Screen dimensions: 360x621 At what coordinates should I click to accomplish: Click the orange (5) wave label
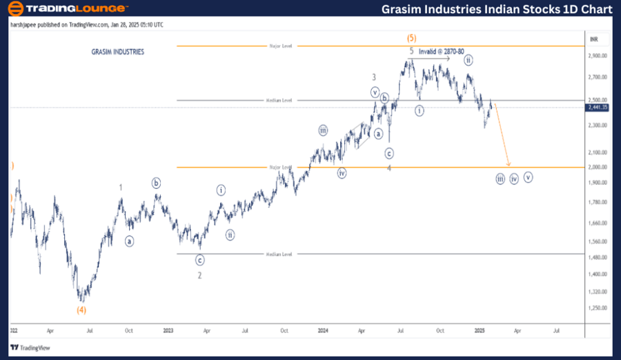click(411, 38)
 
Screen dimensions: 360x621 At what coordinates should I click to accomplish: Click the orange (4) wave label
click(81, 310)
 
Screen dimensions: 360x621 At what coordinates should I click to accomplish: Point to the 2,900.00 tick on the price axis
click(598, 57)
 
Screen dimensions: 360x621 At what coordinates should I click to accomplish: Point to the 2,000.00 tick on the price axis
click(598, 167)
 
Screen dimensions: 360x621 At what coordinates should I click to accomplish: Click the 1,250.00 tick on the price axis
click(598, 308)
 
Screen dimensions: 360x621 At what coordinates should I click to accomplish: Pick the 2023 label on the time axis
click(168, 331)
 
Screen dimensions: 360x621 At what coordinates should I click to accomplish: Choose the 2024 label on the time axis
click(322, 331)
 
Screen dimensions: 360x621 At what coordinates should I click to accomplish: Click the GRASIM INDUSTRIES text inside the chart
click(118, 52)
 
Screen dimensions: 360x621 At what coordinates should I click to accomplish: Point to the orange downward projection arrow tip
click(509, 166)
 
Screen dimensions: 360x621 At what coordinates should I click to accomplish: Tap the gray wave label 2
click(199, 275)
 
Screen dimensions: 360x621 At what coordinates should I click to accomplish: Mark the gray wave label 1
click(121, 188)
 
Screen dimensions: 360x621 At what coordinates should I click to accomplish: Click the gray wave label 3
click(374, 77)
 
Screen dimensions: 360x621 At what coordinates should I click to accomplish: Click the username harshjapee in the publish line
click(26, 25)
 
